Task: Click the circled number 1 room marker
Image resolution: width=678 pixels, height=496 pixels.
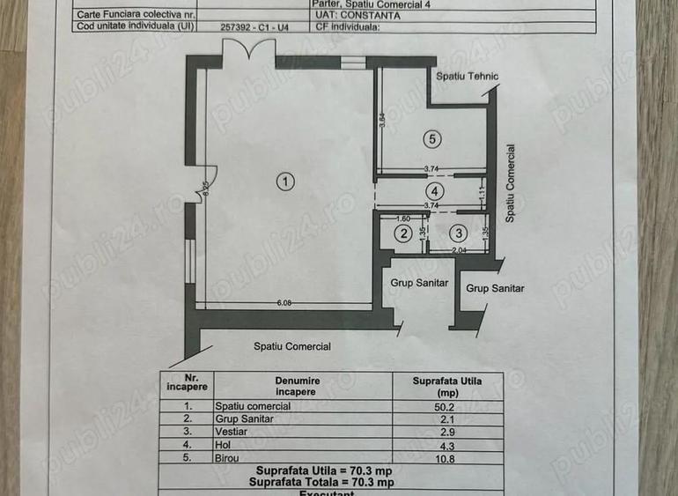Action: [x=284, y=181]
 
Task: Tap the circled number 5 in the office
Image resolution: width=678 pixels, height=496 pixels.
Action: [x=430, y=137]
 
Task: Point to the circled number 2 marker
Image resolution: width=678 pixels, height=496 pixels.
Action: [x=402, y=233]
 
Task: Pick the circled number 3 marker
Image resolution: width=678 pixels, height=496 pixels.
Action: [x=458, y=233]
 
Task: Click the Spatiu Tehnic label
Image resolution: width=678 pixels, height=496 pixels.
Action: [x=467, y=77]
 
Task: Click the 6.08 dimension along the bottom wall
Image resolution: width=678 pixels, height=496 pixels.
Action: [x=284, y=302]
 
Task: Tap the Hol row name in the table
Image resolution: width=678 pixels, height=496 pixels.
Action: [x=224, y=446]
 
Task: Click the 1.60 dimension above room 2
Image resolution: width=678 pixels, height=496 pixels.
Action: [x=404, y=218]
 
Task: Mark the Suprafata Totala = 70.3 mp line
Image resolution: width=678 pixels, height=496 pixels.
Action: [x=320, y=482]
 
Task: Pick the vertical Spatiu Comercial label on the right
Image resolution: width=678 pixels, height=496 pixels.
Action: [x=510, y=183]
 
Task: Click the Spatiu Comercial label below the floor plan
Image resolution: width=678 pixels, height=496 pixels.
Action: [x=292, y=346]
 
